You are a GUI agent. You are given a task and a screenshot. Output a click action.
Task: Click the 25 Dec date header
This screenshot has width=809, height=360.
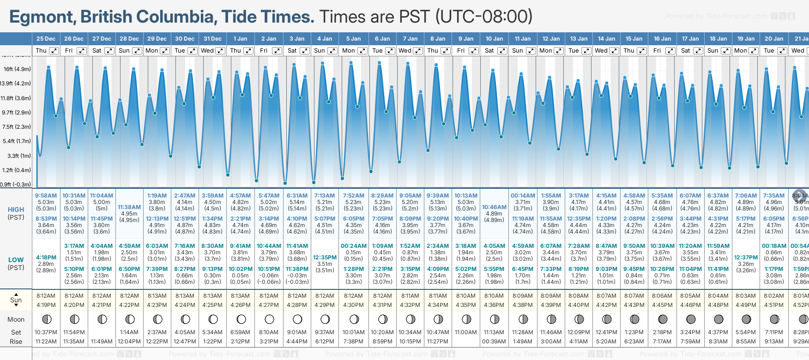point(46,39)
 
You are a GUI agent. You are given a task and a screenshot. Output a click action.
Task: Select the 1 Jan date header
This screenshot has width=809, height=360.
point(240,39)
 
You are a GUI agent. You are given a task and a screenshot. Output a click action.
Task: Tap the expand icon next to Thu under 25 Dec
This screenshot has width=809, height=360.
point(54,51)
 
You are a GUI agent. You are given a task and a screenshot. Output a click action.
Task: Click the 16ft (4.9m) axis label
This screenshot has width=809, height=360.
point(17,69)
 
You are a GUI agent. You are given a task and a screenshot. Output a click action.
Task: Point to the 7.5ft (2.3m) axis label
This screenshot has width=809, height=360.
point(17,126)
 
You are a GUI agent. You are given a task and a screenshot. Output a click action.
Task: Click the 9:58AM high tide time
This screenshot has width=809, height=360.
point(46,196)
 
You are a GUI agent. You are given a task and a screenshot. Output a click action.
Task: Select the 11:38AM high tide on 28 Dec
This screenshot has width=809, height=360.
point(129,207)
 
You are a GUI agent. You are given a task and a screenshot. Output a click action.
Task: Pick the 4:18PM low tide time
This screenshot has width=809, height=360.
point(46,258)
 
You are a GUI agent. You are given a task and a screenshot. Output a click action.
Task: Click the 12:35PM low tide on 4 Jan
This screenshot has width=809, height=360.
point(325,258)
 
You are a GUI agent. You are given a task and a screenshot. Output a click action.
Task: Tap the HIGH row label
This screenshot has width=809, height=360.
point(16,210)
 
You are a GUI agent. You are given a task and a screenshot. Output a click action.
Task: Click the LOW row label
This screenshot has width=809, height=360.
point(16,260)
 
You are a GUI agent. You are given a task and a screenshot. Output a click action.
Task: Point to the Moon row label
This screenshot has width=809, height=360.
point(16,319)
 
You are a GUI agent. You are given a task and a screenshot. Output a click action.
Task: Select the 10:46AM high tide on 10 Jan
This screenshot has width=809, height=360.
point(494,207)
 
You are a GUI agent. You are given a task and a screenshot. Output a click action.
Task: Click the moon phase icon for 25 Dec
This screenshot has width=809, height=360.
point(46,319)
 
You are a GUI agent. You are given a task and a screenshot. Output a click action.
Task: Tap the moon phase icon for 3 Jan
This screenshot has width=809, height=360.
point(297,319)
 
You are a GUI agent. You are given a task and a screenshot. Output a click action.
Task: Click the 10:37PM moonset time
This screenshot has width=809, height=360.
point(46,332)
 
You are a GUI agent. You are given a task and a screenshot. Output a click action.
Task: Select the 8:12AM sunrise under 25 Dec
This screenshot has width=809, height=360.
point(46,296)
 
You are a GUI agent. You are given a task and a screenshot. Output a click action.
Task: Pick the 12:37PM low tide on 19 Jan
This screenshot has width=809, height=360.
point(746,258)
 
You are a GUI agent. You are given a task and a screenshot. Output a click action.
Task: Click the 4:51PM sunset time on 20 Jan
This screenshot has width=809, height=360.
point(773,305)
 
